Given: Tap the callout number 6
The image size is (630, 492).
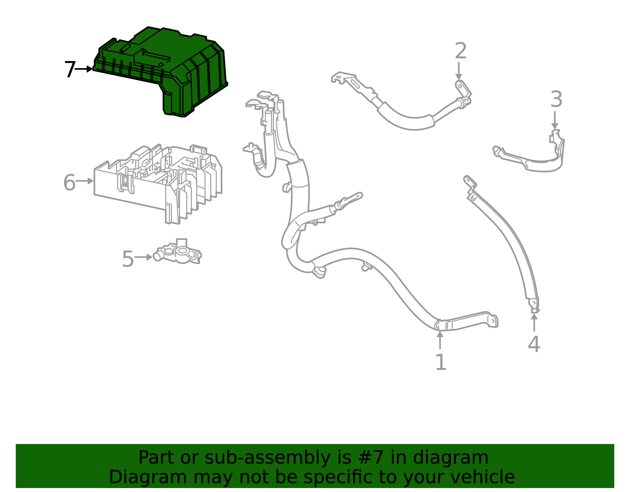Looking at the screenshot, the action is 70,182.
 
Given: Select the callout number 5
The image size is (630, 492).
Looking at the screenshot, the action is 128,259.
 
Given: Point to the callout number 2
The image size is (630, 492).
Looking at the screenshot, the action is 461,50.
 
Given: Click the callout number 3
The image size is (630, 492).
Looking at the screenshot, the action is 556,99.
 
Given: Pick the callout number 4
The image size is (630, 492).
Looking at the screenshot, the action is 534,344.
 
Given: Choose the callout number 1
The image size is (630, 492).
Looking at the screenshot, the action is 441,362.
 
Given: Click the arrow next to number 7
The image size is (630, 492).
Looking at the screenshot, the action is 84,69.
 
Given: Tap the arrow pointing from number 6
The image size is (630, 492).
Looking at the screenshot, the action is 85,181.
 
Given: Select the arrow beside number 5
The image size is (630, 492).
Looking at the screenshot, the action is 143,257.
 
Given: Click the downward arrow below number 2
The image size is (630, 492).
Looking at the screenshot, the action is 459,71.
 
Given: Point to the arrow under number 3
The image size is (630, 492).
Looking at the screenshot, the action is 555,120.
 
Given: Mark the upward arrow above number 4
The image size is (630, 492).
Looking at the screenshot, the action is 534,322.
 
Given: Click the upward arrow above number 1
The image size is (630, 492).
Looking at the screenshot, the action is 440,340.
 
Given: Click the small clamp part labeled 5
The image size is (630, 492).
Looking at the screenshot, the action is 178,252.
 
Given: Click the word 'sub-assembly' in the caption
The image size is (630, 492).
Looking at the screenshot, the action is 268,458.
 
